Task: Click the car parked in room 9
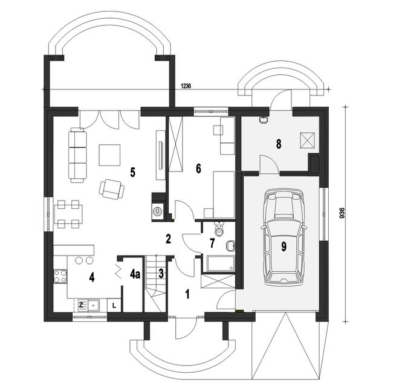(x=284, y=238)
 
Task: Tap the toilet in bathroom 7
(x=219, y=228)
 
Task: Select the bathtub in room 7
(x=221, y=264)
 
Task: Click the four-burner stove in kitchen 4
(x=60, y=277)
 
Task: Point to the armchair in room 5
(x=111, y=189)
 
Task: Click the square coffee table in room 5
(x=109, y=155)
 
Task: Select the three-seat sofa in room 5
(x=77, y=155)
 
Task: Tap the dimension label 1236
(x=186, y=86)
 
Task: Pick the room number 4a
(x=135, y=274)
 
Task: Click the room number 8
(x=279, y=144)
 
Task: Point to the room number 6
(x=198, y=169)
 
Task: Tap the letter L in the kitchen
(x=114, y=306)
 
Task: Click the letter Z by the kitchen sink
(x=81, y=305)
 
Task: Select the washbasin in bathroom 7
(x=230, y=246)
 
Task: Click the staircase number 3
(x=161, y=274)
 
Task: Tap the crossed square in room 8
(x=307, y=140)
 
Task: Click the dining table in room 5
(x=68, y=214)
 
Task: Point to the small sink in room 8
(x=264, y=120)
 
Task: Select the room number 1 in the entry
(x=187, y=294)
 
